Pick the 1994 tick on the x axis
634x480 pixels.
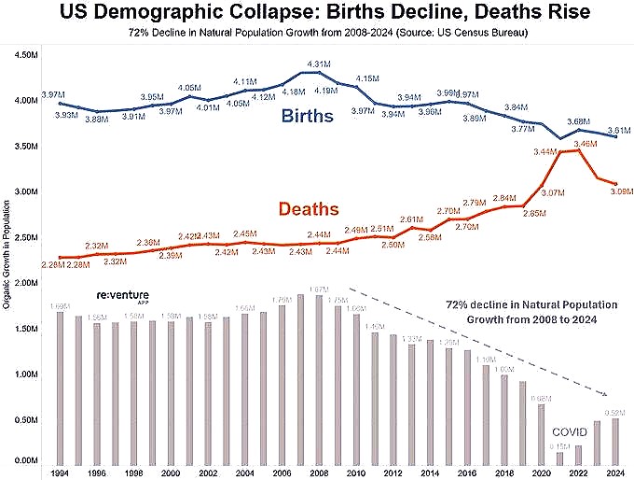coord(59,473)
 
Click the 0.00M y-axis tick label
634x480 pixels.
coord(25,461)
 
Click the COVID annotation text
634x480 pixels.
coord(570,433)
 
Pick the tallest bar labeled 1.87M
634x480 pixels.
coord(318,378)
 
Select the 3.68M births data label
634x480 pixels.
coord(579,122)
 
